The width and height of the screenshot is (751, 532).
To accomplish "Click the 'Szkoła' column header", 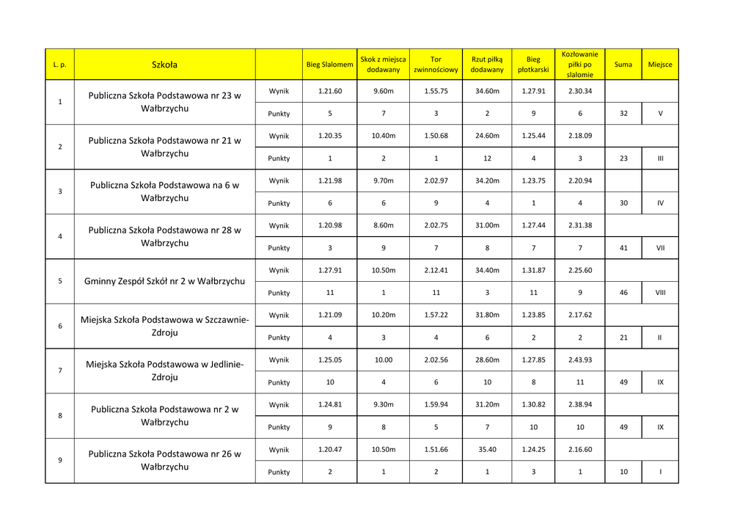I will tap(164, 65).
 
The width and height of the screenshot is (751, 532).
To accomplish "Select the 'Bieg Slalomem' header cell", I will tap(329, 65).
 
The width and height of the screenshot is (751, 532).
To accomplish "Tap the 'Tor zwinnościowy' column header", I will tap(436, 65).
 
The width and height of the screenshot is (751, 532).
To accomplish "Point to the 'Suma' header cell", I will tap(623, 65).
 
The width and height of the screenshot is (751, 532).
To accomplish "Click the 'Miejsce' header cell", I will tap(660, 65).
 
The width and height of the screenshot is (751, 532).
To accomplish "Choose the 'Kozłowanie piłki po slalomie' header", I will tap(579, 65).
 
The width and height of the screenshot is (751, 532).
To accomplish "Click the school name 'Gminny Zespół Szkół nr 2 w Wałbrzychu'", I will tap(164, 281).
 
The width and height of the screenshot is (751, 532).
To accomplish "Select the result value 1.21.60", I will tap(330, 91).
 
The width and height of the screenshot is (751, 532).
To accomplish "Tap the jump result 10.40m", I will tap(384, 136).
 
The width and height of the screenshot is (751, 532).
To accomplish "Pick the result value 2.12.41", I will tap(436, 270).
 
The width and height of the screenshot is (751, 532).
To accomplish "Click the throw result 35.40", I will tap(487, 449).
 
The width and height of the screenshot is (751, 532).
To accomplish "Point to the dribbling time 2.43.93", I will tap(579, 360).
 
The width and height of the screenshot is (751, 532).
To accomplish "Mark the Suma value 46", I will tap(623, 293).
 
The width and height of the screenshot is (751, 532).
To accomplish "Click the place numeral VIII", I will tap(660, 293).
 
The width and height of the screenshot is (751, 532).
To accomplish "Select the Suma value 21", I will tap(623, 338).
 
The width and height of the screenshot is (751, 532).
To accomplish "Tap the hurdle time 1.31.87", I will tap(533, 270).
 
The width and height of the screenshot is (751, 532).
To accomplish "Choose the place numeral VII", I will tap(660, 248).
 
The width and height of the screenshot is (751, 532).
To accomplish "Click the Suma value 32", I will tap(623, 114).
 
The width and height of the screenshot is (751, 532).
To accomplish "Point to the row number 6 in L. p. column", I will tap(60, 326).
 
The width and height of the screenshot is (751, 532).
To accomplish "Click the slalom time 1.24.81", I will tap(330, 404).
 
